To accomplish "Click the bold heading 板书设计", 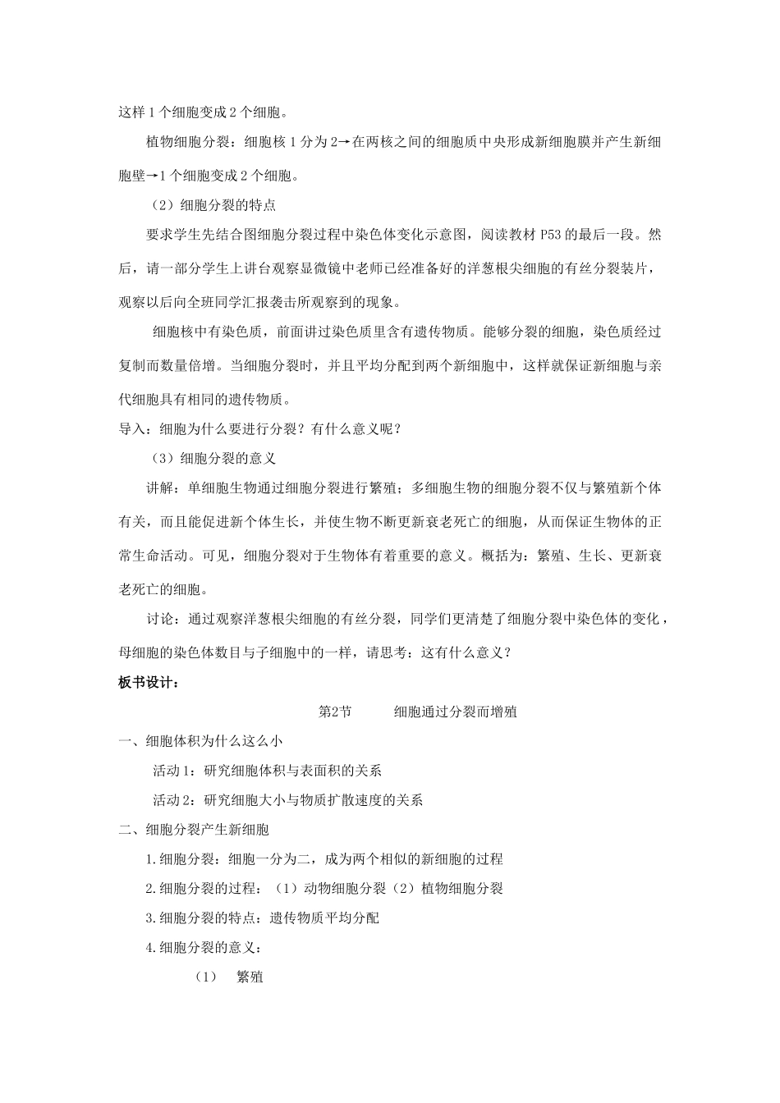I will click(148, 682).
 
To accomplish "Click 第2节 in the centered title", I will click(334, 712).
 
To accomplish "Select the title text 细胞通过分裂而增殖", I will click(455, 712).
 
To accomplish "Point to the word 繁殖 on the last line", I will click(250, 977).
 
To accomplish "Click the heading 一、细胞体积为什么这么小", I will click(200, 740).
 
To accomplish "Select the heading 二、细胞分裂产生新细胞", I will click(194, 829).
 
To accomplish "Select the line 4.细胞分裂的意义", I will click(203, 947).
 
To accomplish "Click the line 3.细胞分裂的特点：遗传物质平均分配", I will click(262, 918).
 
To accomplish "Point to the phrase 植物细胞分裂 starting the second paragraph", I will click(187, 142).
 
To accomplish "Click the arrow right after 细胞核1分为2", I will click(346, 142).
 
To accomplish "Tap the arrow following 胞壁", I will click(153, 175).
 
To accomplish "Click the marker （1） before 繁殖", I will click(205, 977).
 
